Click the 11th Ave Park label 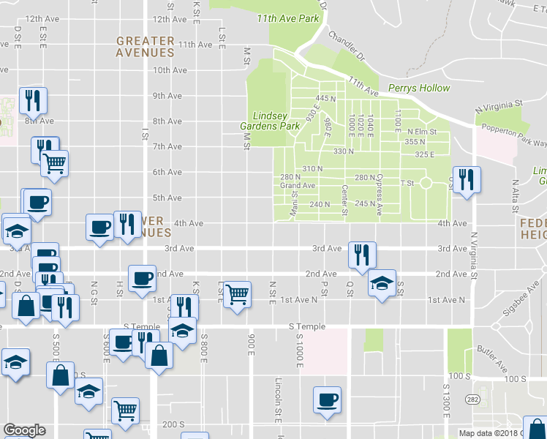[288, 18]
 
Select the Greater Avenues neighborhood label [146, 47]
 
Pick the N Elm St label [422, 132]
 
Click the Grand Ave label [297, 186]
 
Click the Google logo [24, 430]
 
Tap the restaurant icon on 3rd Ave [362, 254]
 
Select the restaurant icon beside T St [467, 179]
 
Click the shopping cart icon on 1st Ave [237, 294]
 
